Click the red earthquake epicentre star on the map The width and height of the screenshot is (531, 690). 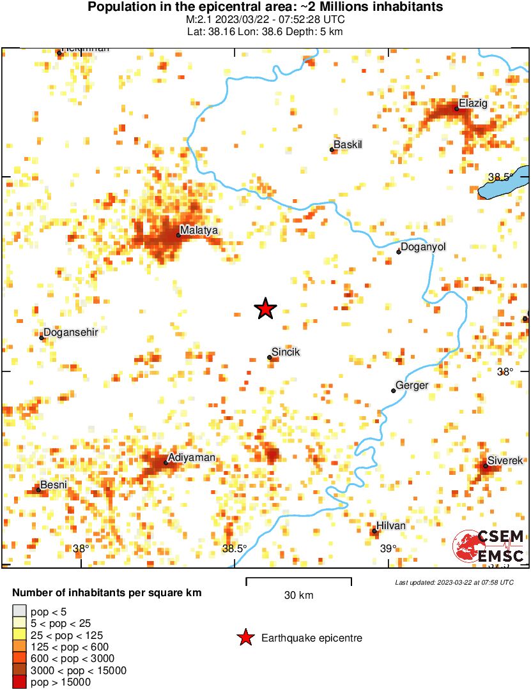click(x=265, y=309)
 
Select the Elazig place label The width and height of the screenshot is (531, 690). click(x=473, y=103)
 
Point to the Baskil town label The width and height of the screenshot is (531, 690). click(x=348, y=145)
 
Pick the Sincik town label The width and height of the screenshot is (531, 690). click(x=286, y=352)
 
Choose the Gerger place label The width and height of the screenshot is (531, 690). click(x=412, y=386)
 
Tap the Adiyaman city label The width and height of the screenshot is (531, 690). click(x=191, y=458)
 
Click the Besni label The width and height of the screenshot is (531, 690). click(x=54, y=485)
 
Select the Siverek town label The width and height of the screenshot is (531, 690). click(x=505, y=460)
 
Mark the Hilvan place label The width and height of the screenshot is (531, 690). click(x=392, y=525)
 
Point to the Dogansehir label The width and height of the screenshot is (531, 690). click(x=70, y=333)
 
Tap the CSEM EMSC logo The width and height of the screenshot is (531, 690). click(x=489, y=546)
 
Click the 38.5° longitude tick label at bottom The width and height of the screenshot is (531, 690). click(x=235, y=548)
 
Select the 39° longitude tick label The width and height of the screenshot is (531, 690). click(x=389, y=548)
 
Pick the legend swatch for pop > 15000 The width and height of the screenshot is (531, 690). click(x=20, y=682)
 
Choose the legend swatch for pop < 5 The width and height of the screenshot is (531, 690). click(x=20, y=611)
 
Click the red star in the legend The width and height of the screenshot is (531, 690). click(x=244, y=638)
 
